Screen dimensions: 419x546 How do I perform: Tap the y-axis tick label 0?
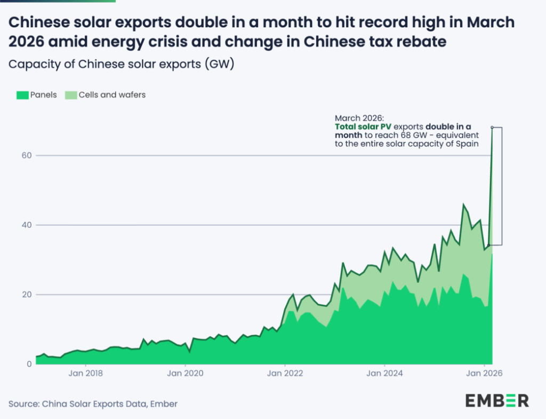pyautogui.click(x=29, y=364)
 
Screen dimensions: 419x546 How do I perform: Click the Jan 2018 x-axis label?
pyautogui.click(x=86, y=373)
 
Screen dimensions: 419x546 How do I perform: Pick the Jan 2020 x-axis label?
pyautogui.click(x=185, y=373)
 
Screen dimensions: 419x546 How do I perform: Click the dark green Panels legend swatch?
pyautogui.click(x=22, y=95)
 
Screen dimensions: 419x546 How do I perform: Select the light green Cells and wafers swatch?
pyautogui.click(x=71, y=95)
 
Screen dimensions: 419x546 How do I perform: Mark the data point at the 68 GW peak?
pyautogui.click(x=492, y=128)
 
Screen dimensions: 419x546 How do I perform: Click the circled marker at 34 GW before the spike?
pyautogui.click(x=488, y=245)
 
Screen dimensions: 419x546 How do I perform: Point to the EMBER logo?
pyautogui.click(x=497, y=400)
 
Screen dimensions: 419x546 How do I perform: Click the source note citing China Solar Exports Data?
pyautogui.click(x=93, y=404)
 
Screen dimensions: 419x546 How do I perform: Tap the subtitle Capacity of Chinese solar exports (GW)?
pyautogui.click(x=122, y=64)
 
